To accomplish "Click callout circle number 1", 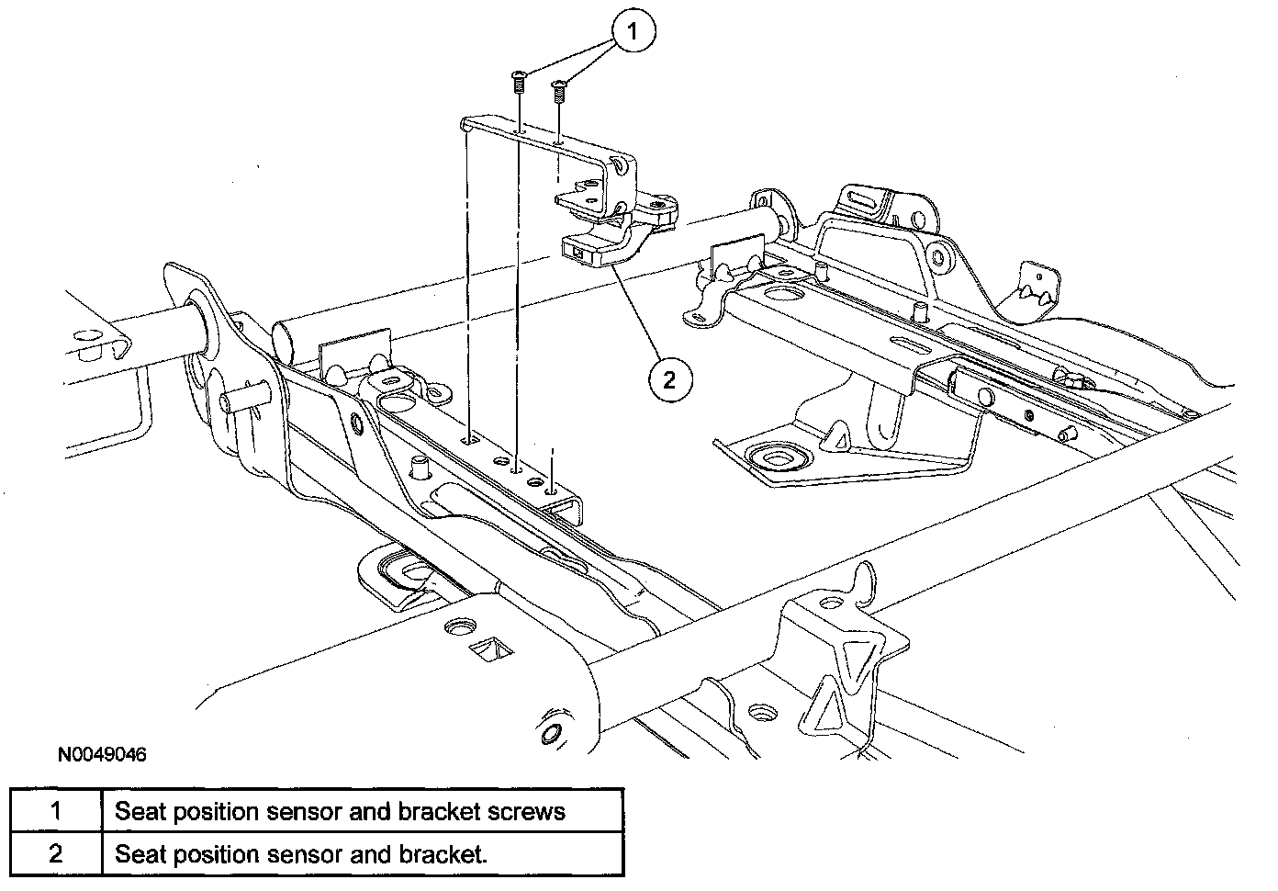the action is coord(633,31).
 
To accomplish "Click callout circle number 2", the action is coord(670,379).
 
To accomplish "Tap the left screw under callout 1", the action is coord(518,83).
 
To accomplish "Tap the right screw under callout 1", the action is coord(558,91).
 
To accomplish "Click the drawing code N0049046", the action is coord(102,754).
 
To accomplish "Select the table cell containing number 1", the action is coord(56,810).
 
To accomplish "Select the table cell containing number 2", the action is coord(56,854).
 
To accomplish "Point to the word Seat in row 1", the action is coord(140,811).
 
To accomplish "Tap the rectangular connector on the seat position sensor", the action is coord(577,251).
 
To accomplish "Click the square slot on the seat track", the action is coord(471,440).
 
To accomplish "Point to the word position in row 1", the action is coord(216,813).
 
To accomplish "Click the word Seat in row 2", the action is coord(140,854).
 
